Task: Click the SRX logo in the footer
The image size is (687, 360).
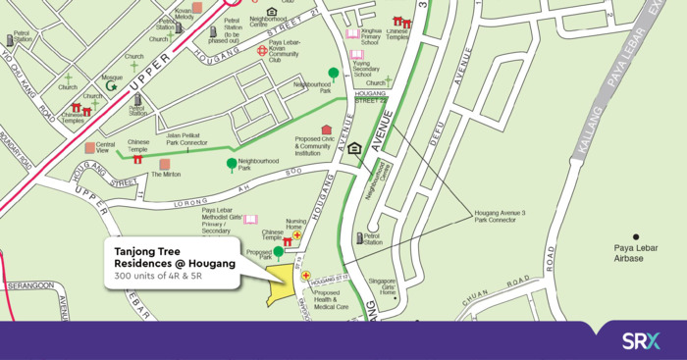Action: point(641,340)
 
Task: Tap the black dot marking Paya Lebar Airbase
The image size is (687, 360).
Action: point(636,236)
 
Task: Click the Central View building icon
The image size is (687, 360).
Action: point(89,148)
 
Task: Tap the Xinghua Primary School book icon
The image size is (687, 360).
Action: point(352,33)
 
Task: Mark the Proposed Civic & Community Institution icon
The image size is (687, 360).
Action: point(327,129)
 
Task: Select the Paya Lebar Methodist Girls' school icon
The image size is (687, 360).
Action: point(250,219)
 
